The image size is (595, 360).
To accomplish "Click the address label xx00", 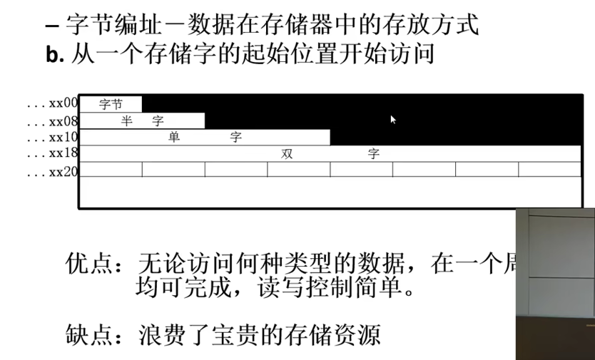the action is pyautogui.click(x=63, y=103).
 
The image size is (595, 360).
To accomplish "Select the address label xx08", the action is pyautogui.click(x=63, y=120).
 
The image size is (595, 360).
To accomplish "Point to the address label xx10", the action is pyautogui.click(x=63, y=137).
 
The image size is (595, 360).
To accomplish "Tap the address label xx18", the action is pyautogui.click(x=63, y=153).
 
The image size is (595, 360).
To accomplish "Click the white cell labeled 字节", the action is pyautogui.click(x=111, y=104).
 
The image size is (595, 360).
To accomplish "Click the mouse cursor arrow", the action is pyautogui.click(x=392, y=119).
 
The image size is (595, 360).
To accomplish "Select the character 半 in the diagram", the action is pyautogui.click(x=127, y=120).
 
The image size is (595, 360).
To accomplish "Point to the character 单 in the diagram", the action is pyautogui.click(x=174, y=137).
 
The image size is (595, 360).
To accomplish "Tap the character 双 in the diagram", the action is pyautogui.click(x=288, y=153).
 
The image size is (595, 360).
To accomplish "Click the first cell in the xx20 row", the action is pyautogui.click(x=111, y=169).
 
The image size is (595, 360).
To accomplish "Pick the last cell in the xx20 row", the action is pyautogui.click(x=549, y=169).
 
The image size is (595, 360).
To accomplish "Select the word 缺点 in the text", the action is pyautogui.click(x=86, y=333).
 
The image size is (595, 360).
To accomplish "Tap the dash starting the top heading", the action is pyautogui.click(x=51, y=27).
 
